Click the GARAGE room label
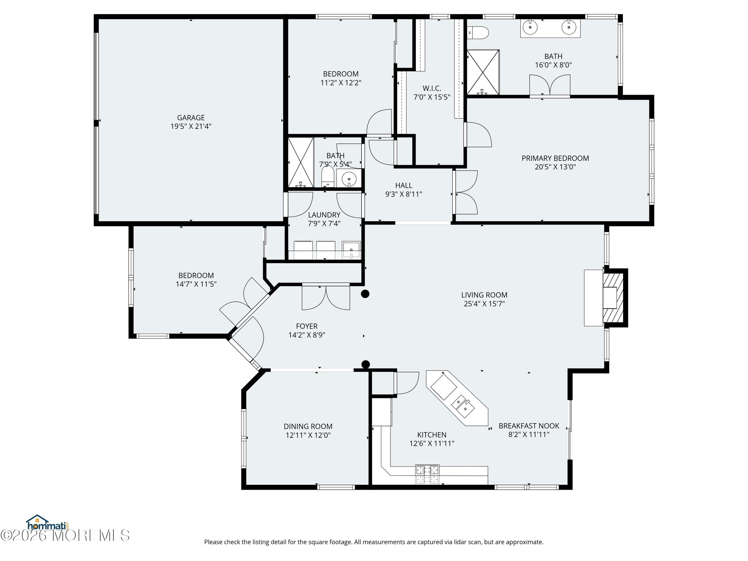pos(191,118)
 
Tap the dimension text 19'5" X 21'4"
pos(191,126)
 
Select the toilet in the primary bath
pos(478,33)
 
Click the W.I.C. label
pos(432,89)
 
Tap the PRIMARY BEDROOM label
pos(555,158)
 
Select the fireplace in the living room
pos(613,297)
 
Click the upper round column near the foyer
pos(365,294)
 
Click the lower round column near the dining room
pos(366,365)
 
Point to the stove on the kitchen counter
pos(427,474)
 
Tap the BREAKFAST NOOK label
pos(529,426)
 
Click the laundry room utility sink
pos(351,250)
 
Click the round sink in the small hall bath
pos(349,178)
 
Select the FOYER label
pos(307,326)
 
